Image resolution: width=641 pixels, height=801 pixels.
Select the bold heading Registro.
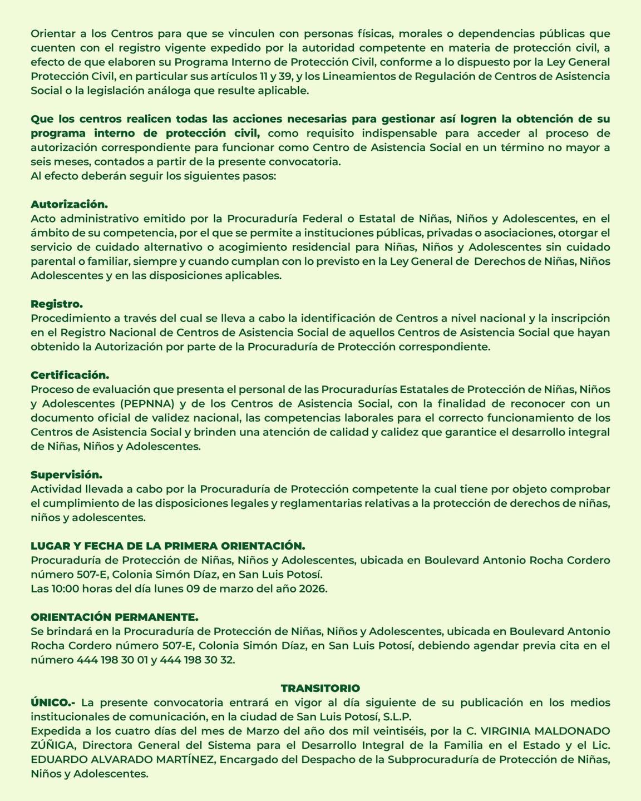tap(57, 304)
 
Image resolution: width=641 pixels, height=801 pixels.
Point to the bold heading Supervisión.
tap(67, 475)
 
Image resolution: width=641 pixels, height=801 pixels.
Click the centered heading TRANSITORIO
tap(320, 688)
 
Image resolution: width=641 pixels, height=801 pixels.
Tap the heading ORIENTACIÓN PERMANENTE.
tap(114, 617)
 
